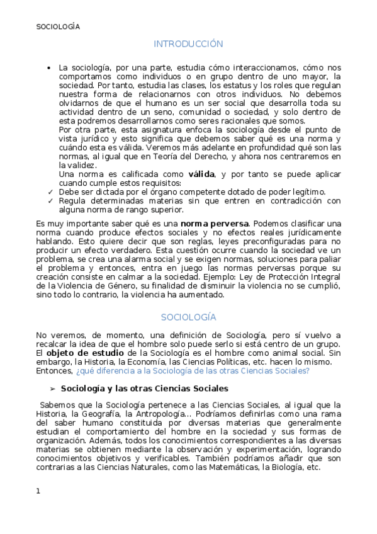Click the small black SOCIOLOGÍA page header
(x=58, y=26)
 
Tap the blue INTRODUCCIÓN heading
(x=188, y=44)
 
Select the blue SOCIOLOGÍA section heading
(x=188, y=317)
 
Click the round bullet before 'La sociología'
(x=50, y=67)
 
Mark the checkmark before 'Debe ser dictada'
(x=50, y=191)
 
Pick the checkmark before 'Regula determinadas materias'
(x=50, y=201)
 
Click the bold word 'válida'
(x=201, y=174)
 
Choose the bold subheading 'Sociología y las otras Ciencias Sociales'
(x=144, y=389)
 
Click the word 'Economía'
(x=146, y=362)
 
